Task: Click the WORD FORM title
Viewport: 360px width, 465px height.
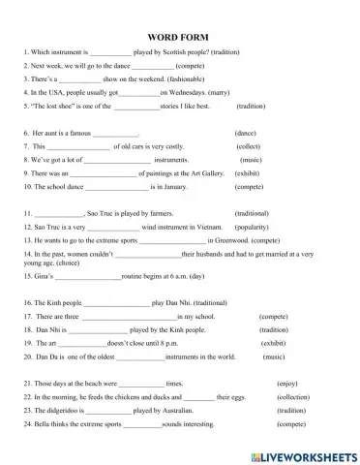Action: point(181,35)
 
